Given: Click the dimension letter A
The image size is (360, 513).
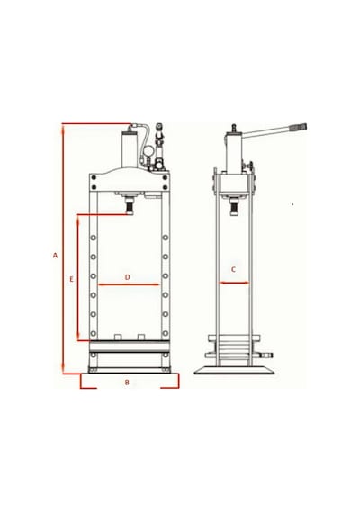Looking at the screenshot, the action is click(x=55, y=256).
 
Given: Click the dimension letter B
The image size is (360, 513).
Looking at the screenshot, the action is click(x=127, y=382).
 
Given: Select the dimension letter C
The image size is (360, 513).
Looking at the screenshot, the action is click(x=233, y=270).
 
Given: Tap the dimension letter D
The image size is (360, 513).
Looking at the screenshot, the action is click(x=128, y=277).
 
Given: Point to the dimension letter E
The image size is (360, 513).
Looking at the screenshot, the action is click(x=72, y=279).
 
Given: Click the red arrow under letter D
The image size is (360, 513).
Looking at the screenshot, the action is click(x=129, y=284).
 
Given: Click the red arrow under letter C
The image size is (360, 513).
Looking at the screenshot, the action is click(x=234, y=283).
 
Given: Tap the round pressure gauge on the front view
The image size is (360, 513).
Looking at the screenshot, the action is click(x=147, y=153).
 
